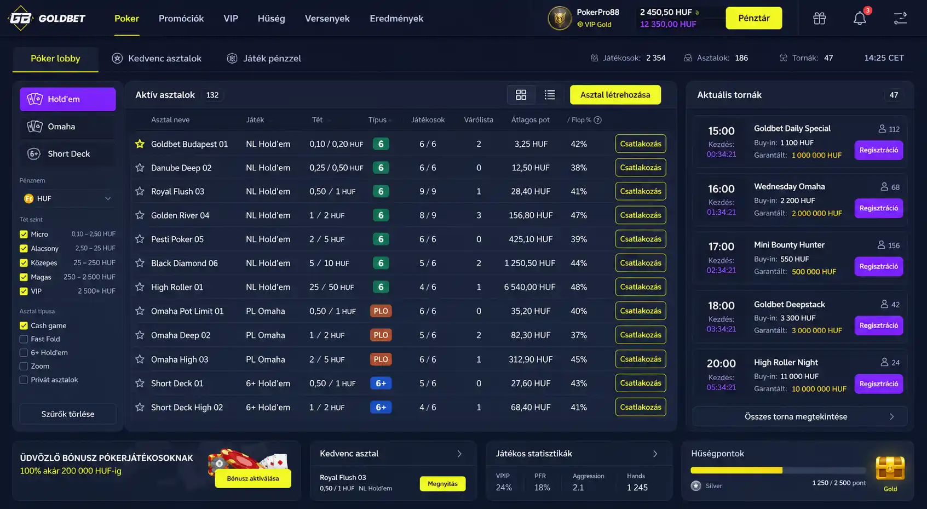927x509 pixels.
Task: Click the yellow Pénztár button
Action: click(x=753, y=18)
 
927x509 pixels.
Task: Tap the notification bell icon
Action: click(x=860, y=19)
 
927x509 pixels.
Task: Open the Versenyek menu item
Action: click(x=327, y=18)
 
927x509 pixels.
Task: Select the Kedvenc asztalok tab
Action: click(x=157, y=59)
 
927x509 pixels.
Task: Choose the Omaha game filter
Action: click(x=67, y=127)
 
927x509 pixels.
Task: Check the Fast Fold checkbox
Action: click(x=24, y=339)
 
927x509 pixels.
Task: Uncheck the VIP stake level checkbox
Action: click(x=24, y=291)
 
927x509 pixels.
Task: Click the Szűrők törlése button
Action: click(x=67, y=414)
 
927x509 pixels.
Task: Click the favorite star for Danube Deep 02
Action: click(x=140, y=168)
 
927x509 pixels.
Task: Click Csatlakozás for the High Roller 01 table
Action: click(x=640, y=287)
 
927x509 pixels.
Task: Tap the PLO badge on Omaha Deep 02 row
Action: click(x=381, y=335)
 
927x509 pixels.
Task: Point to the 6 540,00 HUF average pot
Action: click(x=529, y=287)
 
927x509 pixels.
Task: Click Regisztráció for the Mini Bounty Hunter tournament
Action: click(x=879, y=266)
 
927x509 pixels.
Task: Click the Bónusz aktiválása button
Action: click(x=253, y=478)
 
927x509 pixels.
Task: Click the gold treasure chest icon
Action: click(x=890, y=468)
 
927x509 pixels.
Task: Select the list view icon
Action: click(x=550, y=95)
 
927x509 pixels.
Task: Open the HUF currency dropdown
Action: click(x=67, y=199)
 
